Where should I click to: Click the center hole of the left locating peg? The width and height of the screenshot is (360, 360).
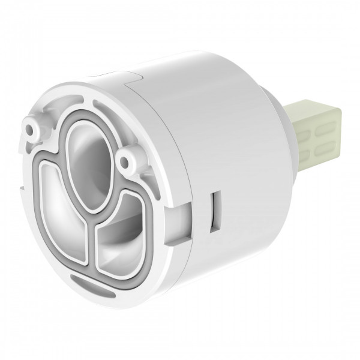click(30, 127)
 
